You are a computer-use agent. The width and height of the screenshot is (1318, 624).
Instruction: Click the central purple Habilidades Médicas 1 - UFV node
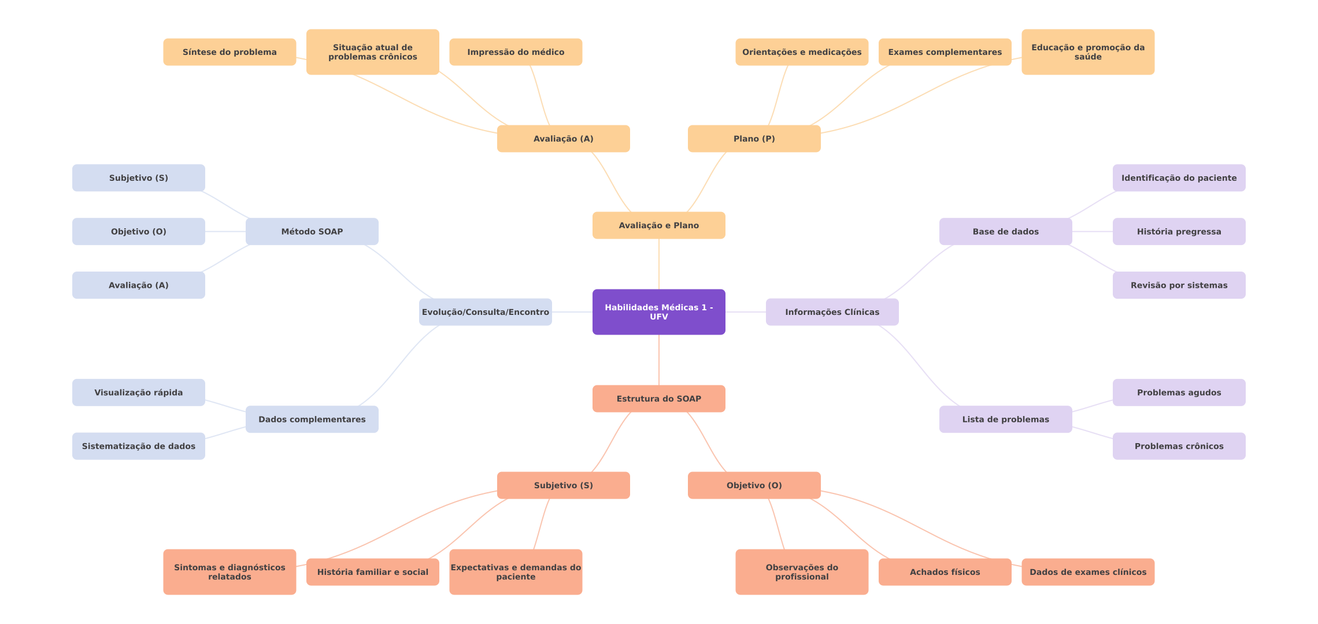(658, 312)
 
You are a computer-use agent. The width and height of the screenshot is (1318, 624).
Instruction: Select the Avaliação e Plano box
(658, 225)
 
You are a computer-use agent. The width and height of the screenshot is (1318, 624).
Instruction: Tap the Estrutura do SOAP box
(658, 399)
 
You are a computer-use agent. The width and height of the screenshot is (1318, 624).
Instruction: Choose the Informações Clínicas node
(832, 312)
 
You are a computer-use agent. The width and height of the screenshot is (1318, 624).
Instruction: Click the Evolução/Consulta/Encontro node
(485, 312)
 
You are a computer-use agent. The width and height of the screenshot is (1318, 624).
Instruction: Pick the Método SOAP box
(312, 232)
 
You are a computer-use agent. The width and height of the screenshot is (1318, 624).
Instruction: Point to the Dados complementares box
(312, 419)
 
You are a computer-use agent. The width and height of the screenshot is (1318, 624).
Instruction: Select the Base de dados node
(1005, 232)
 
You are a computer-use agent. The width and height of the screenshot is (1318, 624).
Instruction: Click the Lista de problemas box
(1005, 419)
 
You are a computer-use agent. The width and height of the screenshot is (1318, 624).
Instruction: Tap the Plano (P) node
(754, 139)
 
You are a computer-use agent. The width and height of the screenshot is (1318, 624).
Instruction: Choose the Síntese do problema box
(229, 52)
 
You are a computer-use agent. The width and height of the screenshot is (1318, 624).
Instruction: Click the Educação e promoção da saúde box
(1087, 52)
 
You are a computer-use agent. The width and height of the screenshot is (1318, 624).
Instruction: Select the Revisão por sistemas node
(1179, 285)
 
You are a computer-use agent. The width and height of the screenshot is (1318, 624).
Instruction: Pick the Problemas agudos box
(1179, 392)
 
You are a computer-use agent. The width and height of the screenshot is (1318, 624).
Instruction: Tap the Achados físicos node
(945, 572)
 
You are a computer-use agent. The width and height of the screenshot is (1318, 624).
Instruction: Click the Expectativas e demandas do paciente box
(516, 572)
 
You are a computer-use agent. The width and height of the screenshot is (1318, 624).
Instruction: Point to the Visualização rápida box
(138, 392)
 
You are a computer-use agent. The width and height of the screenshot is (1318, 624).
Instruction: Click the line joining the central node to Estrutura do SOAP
(659, 360)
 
